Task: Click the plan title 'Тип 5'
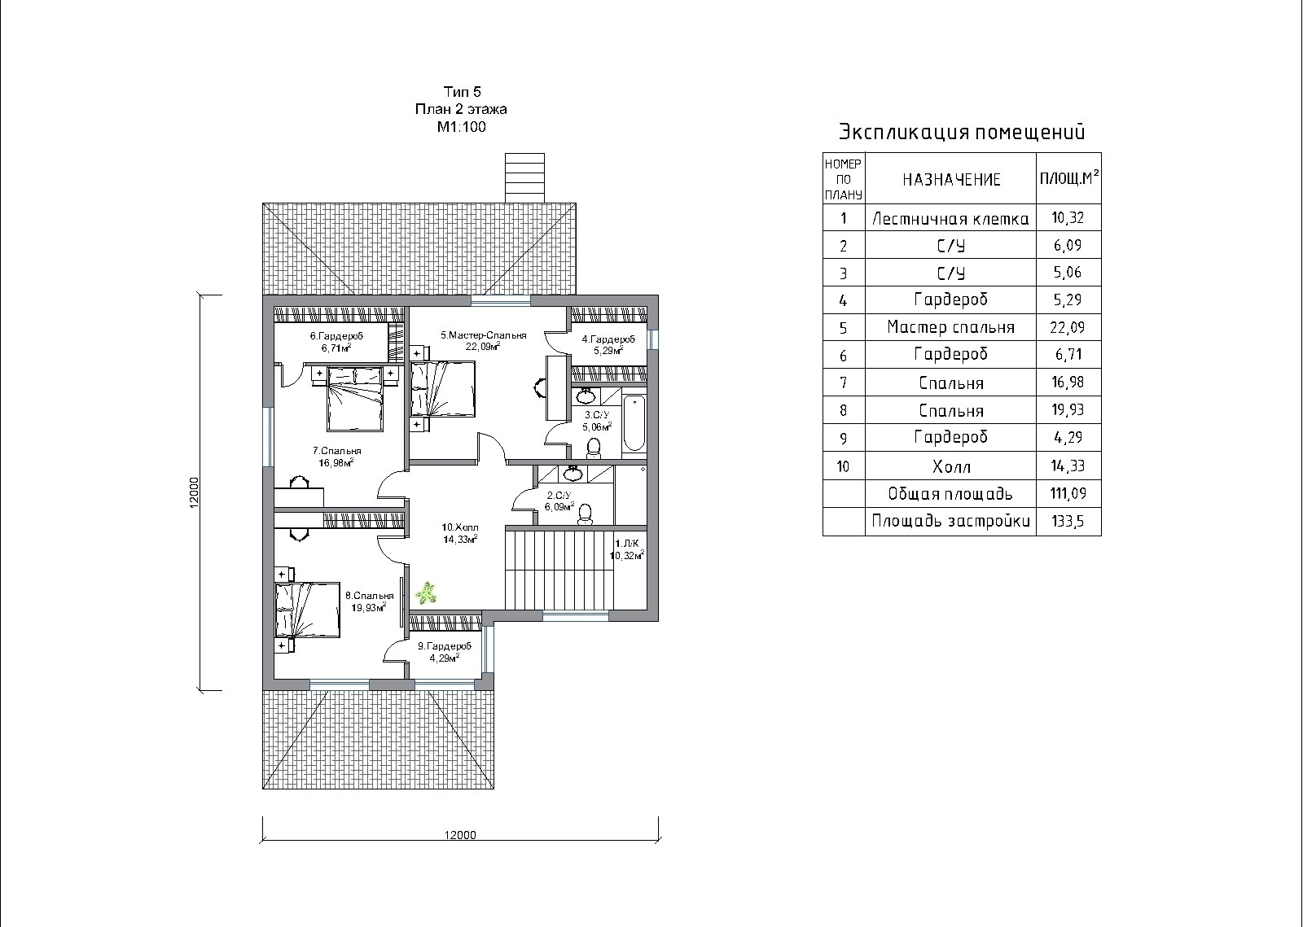[463, 92]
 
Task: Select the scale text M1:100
[461, 127]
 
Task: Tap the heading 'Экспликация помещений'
[962, 132]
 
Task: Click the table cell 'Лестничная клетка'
[950, 219]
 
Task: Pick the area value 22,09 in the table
[1068, 327]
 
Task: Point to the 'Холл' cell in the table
[951, 466]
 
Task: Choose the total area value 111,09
[1068, 493]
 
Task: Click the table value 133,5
[1068, 521]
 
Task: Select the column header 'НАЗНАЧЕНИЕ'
[951, 180]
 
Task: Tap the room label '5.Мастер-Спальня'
[484, 335]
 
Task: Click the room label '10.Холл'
[459, 527]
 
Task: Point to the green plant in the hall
[427, 593]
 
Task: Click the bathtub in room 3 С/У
[634, 422]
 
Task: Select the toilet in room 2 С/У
[586, 514]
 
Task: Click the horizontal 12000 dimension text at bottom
[460, 835]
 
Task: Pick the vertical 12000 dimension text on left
[195, 492]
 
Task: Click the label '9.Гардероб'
[445, 646]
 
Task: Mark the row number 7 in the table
[844, 383]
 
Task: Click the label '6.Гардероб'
[336, 336]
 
